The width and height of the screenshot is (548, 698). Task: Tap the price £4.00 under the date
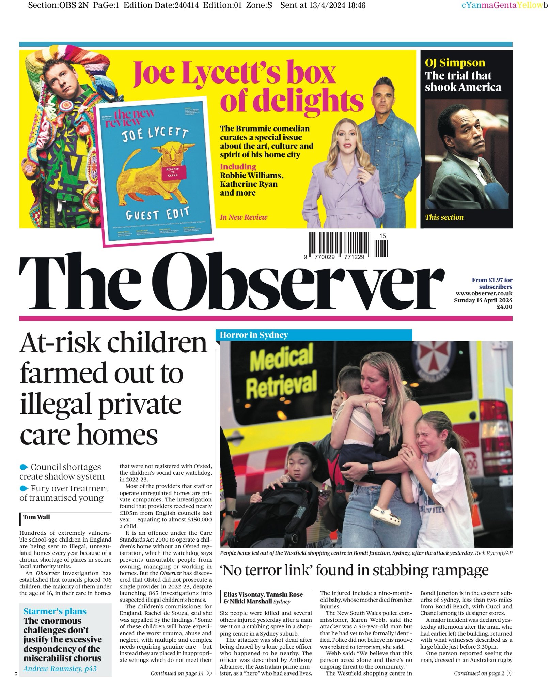504,306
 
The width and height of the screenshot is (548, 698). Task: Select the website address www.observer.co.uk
484,293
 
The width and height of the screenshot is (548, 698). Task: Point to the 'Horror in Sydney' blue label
254,335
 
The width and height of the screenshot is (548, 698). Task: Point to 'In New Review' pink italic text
244,217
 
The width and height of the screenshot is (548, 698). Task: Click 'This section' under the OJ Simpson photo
444,217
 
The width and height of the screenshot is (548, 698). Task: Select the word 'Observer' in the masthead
291,285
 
